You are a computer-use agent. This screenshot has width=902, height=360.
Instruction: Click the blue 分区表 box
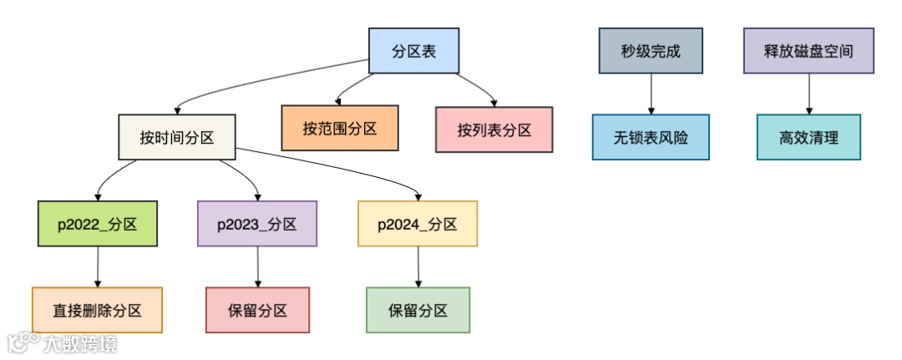coord(413,51)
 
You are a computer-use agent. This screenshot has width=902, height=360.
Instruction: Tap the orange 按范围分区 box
coord(339,129)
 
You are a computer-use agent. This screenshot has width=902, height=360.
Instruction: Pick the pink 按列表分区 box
coord(494,129)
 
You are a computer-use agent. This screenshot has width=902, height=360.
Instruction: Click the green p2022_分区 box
coord(98,224)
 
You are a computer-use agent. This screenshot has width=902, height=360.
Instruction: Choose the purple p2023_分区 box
coord(257,224)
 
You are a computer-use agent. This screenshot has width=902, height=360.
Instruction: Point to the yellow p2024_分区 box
coord(418,224)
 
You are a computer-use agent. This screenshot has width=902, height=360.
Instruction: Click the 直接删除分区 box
coord(97,310)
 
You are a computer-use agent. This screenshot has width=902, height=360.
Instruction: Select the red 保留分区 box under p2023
coord(257,310)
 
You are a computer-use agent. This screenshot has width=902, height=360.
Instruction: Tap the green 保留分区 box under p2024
coord(418,310)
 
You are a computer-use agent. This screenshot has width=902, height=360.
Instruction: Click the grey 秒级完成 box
coord(651,51)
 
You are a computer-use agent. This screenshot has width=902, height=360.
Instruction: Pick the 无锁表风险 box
coord(651,137)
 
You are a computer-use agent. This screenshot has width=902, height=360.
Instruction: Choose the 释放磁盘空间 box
coord(808,51)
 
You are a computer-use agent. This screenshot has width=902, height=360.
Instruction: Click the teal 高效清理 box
coord(808,137)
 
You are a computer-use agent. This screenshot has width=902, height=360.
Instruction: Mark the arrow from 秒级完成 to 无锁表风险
coord(651,94)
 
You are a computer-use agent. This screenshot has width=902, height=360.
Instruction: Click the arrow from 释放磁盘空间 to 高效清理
coord(808,94)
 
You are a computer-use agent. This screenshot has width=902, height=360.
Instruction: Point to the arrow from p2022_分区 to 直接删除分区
coord(98,266)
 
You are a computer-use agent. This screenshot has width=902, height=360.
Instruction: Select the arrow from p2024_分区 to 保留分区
coord(418,266)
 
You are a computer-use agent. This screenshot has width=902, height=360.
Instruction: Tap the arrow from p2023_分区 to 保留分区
coord(257,266)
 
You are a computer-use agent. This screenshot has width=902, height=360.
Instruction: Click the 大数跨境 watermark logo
coord(63,342)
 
